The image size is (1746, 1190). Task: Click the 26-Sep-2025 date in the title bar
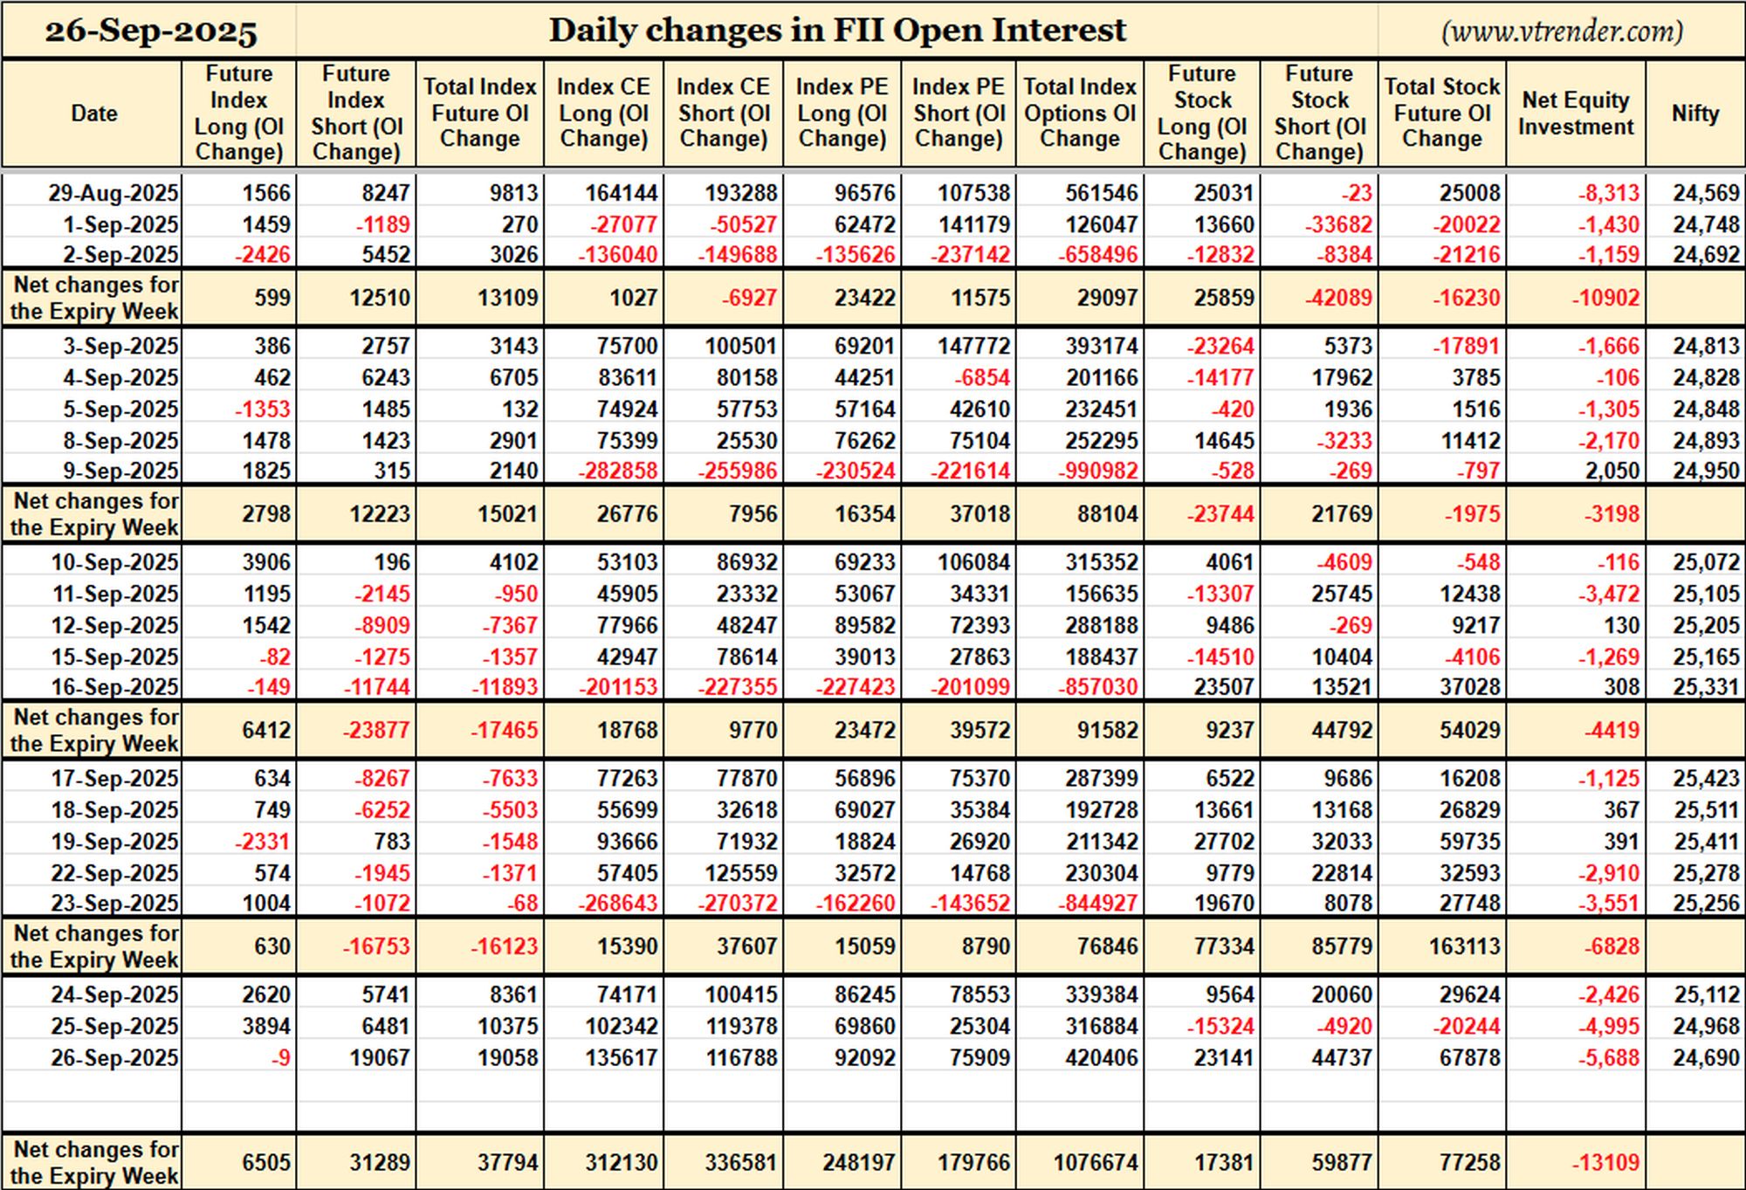[151, 31]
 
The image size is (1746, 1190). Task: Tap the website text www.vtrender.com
[1562, 31]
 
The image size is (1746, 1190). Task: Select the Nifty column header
[1695, 113]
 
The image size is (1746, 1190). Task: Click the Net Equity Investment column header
[1576, 113]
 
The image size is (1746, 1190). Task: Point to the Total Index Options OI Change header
[1080, 113]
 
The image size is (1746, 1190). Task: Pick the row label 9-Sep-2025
[120, 471]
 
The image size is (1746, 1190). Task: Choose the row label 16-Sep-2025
[114, 687]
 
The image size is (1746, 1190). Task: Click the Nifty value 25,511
[1707, 810]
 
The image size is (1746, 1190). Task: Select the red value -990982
[1098, 471]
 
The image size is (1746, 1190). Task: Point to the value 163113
[1464, 946]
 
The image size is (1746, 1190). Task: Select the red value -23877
[375, 730]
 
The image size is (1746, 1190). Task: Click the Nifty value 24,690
[1707, 1058]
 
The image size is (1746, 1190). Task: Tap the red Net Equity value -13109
[1605, 1163]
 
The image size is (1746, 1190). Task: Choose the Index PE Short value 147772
[973, 347]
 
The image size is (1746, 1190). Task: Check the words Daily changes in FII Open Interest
[837, 31]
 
